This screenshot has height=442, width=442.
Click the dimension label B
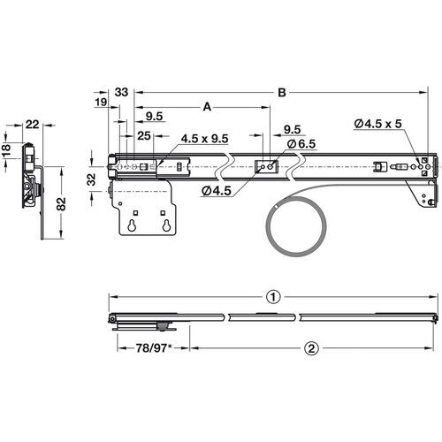pyautogui.click(x=281, y=91)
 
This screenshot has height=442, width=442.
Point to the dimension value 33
pyautogui.click(x=122, y=91)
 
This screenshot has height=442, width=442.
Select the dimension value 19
pyautogui.click(x=100, y=104)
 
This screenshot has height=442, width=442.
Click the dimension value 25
pyautogui.click(x=144, y=135)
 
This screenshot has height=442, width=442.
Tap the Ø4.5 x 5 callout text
pyautogui.click(x=377, y=124)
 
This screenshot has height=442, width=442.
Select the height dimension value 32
pyautogui.click(x=91, y=178)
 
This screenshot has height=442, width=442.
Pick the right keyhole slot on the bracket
pyautogui.click(x=165, y=225)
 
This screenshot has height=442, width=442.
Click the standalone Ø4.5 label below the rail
pyautogui.click(x=217, y=190)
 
